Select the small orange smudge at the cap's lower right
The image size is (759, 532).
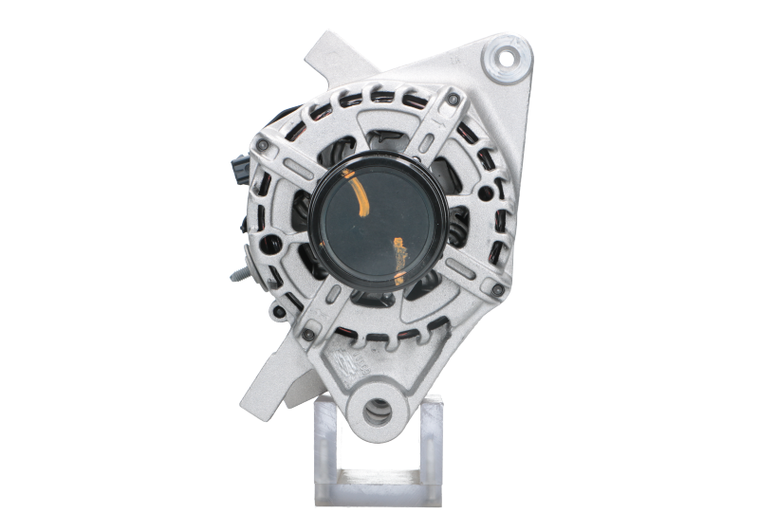400,253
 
